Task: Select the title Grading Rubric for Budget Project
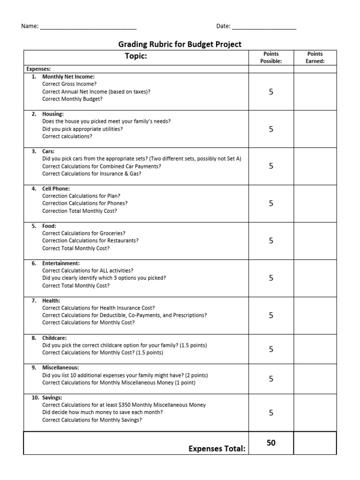pyautogui.click(x=180, y=45)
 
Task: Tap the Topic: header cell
pyautogui.click(x=135, y=57)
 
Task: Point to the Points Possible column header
pyautogui.click(x=271, y=57)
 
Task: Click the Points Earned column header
pyautogui.click(x=315, y=57)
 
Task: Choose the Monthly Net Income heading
pyautogui.click(x=68, y=76)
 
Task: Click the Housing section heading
pyautogui.click(x=53, y=114)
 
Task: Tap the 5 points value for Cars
pyautogui.click(x=271, y=166)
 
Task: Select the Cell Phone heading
pyautogui.click(x=56, y=188)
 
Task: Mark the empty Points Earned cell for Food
pyautogui.click(x=315, y=240)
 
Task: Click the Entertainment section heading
pyautogui.click(x=61, y=263)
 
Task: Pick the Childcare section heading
pyautogui.click(x=54, y=337)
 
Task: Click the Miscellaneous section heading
pyautogui.click(x=60, y=367)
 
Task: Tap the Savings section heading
pyautogui.click(x=52, y=397)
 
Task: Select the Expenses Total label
pyautogui.click(x=217, y=449)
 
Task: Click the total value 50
pyautogui.click(x=271, y=443)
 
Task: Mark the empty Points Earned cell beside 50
pyautogui.click(x=315, y=443)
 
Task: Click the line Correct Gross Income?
pyautogui.click(x=69, y=84)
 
